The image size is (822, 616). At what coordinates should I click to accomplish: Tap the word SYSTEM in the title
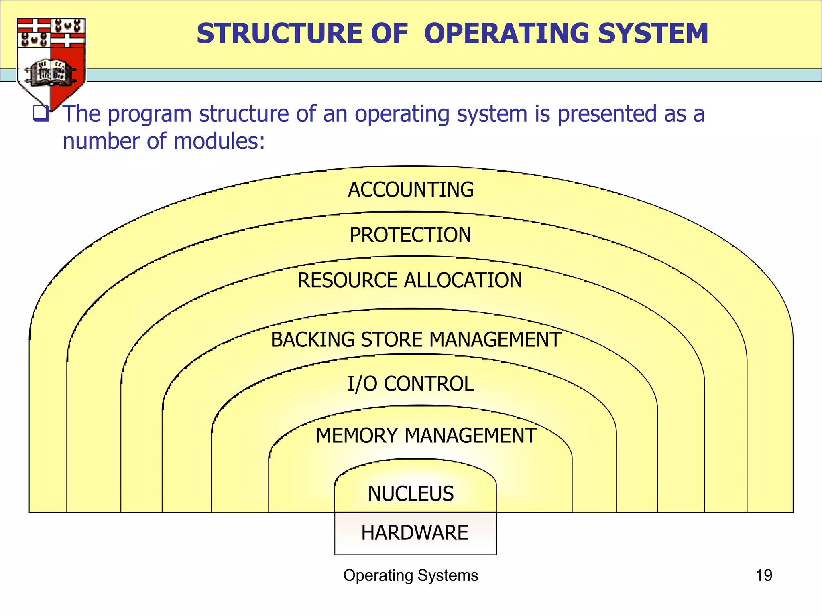pyautogui.click(x=653, y=34)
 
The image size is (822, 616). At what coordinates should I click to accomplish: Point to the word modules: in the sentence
pyautogui.click(x=220, y=141)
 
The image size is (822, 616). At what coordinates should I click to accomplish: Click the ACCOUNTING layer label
pyautogui.click(x=411, y=190)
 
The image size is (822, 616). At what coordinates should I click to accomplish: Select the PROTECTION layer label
pyautogui.click(x=410, y=235)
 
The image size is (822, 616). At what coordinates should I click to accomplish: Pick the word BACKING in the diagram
pyautogui.click(x=313, y=340)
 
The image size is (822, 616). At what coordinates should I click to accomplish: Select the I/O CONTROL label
pyautogui.click(x=411, y=384)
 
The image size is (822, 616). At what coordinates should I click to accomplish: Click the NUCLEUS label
pyautogui.click(x=411, y=494)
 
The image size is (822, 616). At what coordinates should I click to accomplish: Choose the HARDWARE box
pyautogui.click(x=415, y=533)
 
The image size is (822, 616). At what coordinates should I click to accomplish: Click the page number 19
pyautogui.click(x=763, y=575)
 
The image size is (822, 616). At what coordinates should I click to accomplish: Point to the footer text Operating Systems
pyautogui.click(x=411, y=575)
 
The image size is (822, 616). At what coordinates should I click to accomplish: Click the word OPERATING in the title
pyautogui.click(x=507, y=34)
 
